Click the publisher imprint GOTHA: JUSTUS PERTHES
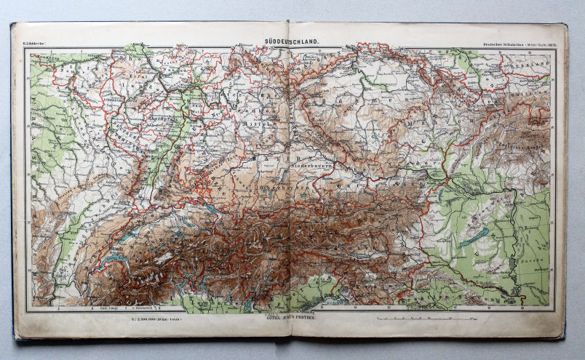point(290,318)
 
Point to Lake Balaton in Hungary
point(474,237)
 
